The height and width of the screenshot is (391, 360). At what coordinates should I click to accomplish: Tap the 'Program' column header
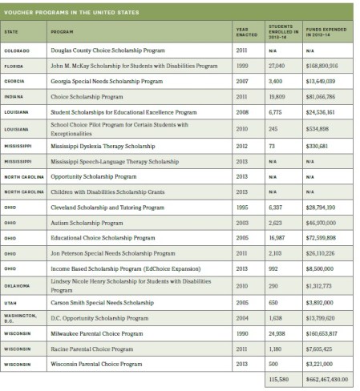pyautogui.click(x=61, y=33)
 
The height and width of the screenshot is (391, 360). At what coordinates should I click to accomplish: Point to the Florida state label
pyautogui.click(x=15, y=66)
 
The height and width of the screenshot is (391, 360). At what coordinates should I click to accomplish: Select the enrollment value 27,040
pyautogui.click(x=274, y=66)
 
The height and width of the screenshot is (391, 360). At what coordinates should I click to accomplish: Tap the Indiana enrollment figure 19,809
pyautogui.click(x=274, y=97)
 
